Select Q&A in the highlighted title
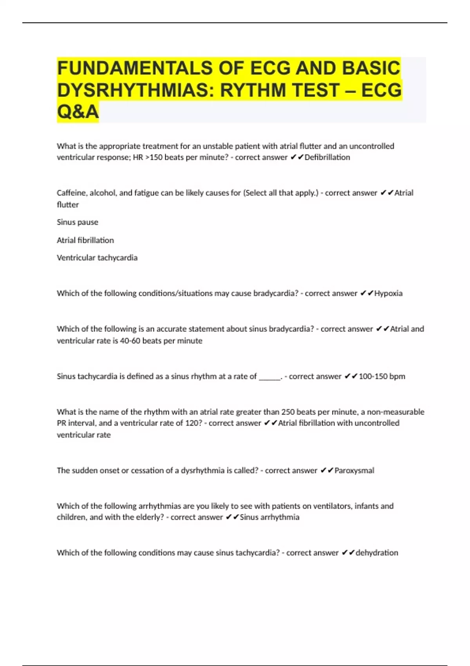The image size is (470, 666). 78,112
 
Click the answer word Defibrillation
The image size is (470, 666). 327,157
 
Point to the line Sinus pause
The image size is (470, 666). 78,222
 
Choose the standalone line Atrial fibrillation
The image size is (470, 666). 85,240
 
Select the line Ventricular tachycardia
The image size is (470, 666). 97,258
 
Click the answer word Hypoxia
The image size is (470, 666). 388,293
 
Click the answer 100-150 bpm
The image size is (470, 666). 382,376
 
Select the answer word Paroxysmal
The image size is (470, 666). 354,471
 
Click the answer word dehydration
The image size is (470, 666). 376,553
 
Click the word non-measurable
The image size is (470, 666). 396,412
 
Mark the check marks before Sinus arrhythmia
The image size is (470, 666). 232,517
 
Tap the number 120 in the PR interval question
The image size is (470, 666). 192,423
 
